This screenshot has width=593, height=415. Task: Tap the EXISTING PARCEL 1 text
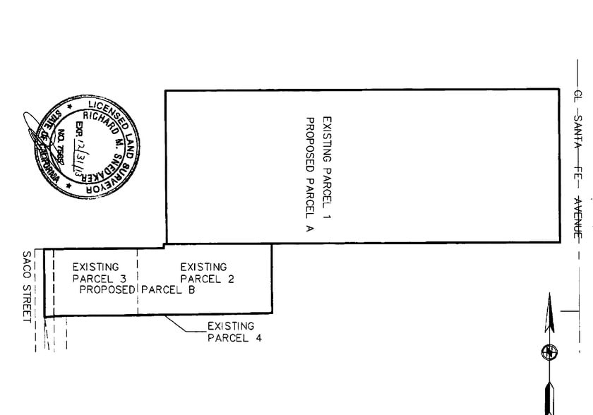coord(326,169)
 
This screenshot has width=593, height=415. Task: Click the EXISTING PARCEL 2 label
coord(205,273)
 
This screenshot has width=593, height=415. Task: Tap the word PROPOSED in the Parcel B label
coord(107,289)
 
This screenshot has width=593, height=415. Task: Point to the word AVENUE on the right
coord(577,218)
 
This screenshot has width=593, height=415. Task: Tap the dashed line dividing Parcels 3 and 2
coord(137,282)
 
